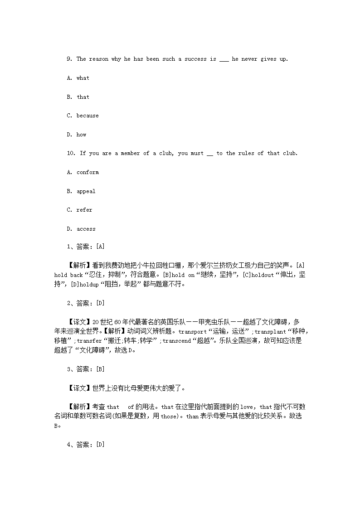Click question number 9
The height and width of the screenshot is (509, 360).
coord(69,59)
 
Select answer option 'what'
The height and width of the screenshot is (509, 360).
coord(83,78)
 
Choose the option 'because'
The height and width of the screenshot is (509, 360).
coord(88,116)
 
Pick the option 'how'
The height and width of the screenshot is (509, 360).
coord(81,135)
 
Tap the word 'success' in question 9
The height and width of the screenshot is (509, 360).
coord(195,59)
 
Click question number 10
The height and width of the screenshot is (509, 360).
coord(71,153)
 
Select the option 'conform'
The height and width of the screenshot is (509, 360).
coord(88,172)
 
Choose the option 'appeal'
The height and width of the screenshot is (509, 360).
coord(86,191)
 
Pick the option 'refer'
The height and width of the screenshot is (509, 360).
coord(84,210)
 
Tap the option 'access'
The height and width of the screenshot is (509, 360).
coord(86,229)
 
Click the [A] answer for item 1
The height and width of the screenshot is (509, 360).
coord(100,247)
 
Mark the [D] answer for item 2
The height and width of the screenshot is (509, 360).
coord(100,303)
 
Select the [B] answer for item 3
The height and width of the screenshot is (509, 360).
coord(100,369)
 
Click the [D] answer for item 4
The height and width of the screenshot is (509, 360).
coord(100,445)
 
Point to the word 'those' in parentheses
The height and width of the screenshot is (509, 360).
coord(168,417)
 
